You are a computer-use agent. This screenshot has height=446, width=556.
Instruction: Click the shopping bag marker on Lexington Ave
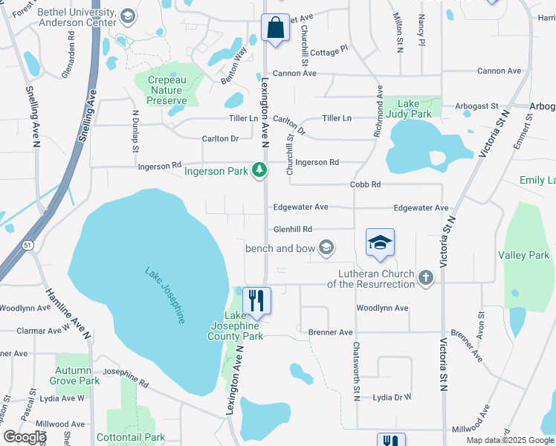[275, 28]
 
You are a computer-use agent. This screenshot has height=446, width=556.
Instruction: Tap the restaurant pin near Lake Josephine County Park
[256, 300]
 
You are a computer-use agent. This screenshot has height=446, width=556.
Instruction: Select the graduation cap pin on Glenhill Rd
[379, 242]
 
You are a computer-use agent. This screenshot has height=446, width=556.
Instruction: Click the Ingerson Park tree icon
[259, 171]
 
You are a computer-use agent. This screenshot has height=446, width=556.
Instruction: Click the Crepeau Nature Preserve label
[167, 90]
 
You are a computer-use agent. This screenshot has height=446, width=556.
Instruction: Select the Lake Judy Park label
[414, 109]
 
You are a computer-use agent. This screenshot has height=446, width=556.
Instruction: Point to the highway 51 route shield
[28, 245]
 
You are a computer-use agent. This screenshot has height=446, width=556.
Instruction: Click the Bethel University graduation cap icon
[127, 16]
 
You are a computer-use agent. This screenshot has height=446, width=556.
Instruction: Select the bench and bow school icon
[326, 247]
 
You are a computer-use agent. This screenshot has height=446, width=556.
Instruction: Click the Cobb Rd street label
[366, 184]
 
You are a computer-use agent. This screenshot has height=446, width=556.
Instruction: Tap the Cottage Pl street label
[329, 51]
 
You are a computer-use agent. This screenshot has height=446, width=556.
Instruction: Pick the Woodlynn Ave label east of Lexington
[382, 308]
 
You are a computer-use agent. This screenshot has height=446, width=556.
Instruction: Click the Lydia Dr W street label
[392, 397]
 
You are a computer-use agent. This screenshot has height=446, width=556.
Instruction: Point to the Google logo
[25, 437]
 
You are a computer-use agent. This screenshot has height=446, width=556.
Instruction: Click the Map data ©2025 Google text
[510, 440]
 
